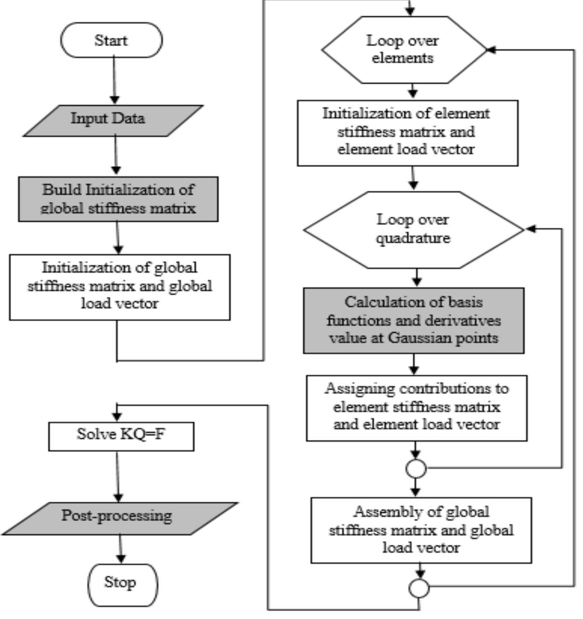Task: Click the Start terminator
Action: point(111,40)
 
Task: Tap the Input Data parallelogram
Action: point(113,120)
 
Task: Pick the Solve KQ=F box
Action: point(121,436)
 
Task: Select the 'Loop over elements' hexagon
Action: point(403,50)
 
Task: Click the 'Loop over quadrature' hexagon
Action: point(413,229)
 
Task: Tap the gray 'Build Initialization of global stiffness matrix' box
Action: point(118,199)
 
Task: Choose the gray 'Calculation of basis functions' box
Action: point(414,321)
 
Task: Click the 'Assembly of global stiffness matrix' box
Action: point(421,530)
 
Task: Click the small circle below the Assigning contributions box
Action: point(416,468)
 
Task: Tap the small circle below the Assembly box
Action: point(419,588)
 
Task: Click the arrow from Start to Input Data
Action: point(114,80)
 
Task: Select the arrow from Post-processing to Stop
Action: point(121,549)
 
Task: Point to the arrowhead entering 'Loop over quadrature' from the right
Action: point(531,229)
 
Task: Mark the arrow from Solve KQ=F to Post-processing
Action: point(118,476)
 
